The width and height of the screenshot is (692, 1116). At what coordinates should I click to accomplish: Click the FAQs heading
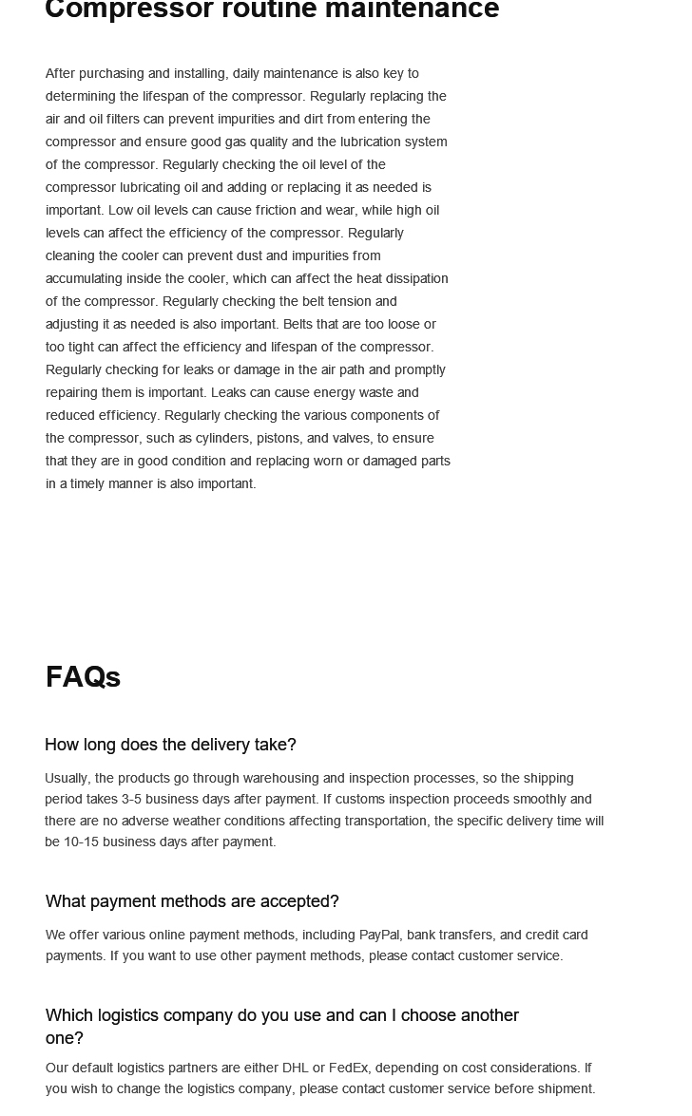click(x=83, y=677)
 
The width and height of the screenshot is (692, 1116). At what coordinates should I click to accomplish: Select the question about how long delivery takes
click(x=170, y=745)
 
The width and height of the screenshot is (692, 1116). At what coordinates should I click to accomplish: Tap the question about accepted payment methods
click(x=192, y=901)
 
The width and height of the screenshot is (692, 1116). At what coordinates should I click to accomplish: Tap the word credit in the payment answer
click(x=543, y=935)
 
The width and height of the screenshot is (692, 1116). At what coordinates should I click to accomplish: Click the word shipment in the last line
click(x=564, y=1088)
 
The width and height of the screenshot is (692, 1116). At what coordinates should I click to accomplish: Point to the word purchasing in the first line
click(x=109, y=73)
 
